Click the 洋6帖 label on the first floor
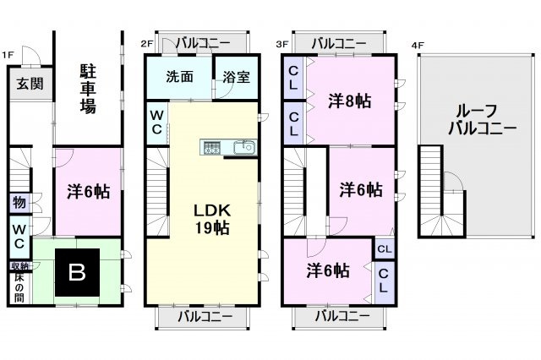coord(88,192)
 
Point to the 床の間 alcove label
coord(19,287)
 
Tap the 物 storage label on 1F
coord(19,203)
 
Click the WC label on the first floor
coord(19,235)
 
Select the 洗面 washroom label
coord(179,76)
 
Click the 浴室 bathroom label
coord(236,76)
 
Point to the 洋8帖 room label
coord(350,100)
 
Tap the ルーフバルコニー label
coord(478,118)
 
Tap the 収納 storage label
coord(19,266)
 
